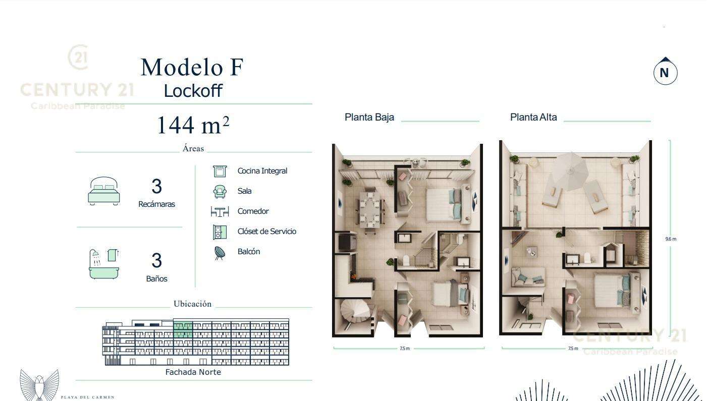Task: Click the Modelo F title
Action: pos(192,67)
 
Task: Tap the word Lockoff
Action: pos(193,91)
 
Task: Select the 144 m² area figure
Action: pos(193,125)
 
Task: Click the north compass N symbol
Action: pos(665,72)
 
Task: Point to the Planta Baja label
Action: pos(369,117)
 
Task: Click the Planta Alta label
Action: pos(533,117)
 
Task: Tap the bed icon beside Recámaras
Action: pos(103,191)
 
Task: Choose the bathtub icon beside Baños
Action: pos(104,264)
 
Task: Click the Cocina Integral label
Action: pos(262,171)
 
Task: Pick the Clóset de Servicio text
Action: pos(267,232)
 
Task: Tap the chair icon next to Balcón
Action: pos(220,253)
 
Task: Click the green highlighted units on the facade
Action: pos(183,329)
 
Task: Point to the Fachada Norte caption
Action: pos(193,372)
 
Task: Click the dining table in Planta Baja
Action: pos(370,209)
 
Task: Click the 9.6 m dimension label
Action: pos(671,239)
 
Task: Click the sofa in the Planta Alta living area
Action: pos(527,277)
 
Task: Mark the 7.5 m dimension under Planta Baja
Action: pos(405,349)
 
